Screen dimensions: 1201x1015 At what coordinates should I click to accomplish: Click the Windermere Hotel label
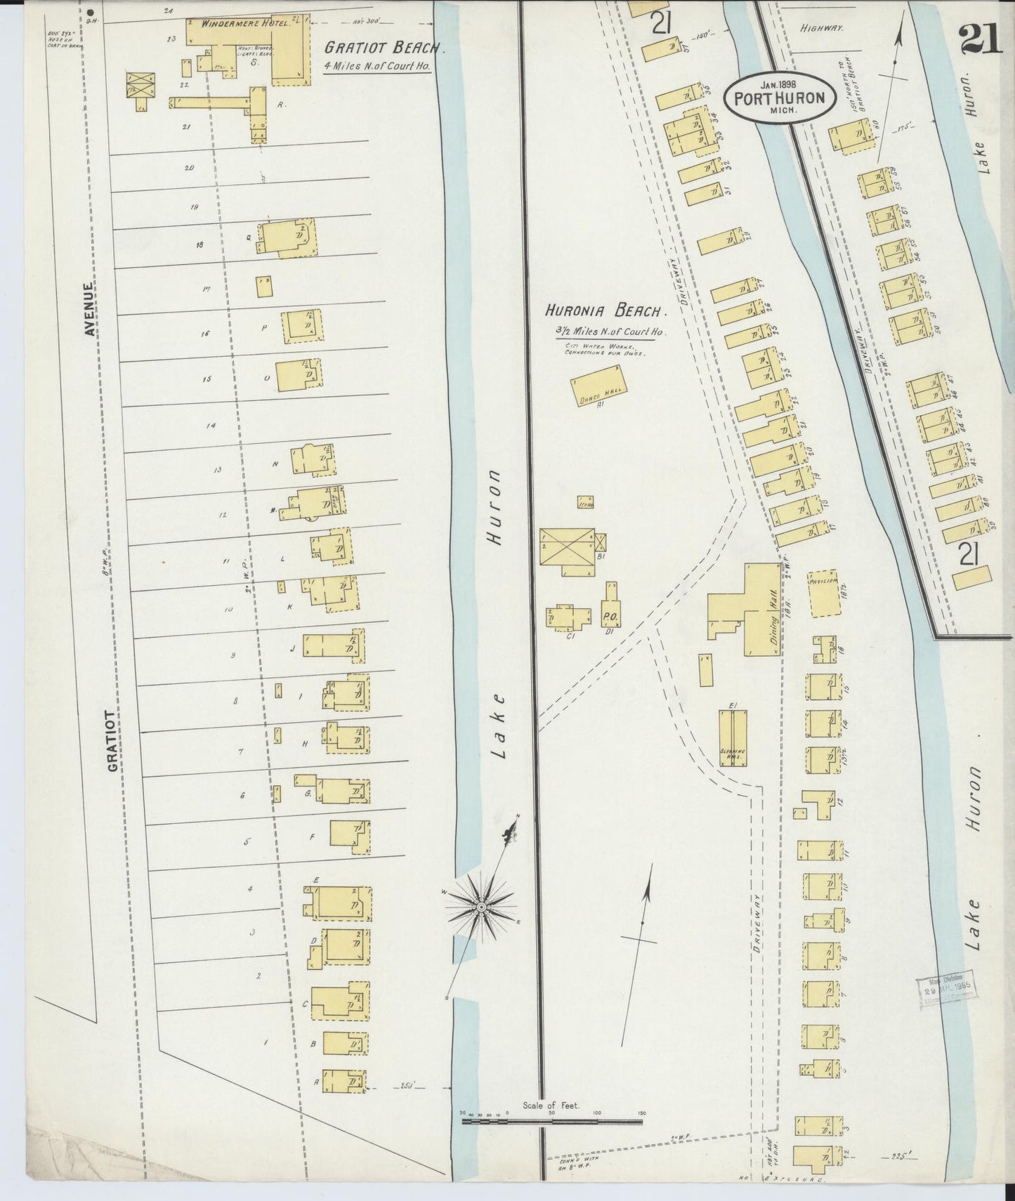(235, 23)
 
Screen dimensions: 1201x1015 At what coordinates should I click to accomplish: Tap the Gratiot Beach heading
(384, 48)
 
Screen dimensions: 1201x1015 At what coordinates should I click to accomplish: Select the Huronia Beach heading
(605, 310)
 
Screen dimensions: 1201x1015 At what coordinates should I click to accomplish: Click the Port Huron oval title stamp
(778, 98)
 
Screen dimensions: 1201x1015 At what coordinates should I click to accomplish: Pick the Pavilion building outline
(823, 592)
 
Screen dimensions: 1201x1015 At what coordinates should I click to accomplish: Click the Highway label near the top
(821, 29)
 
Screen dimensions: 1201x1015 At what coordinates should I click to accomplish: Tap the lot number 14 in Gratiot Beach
(210, 426)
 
